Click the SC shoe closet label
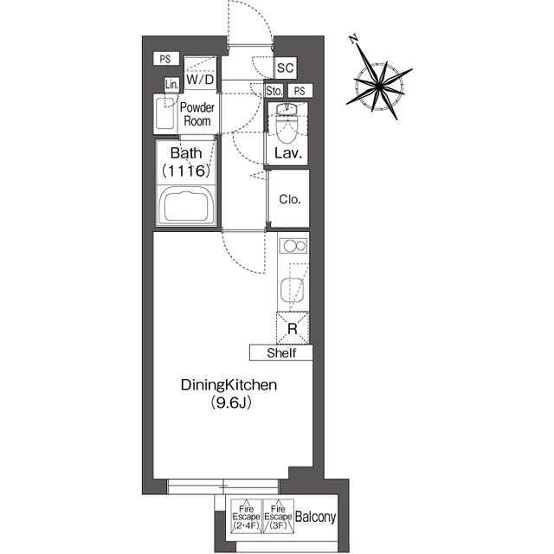(285, 68)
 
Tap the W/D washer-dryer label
(200, 80)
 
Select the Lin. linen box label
(172, 85)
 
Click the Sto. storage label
(274, 91)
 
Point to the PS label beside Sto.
(300, 91)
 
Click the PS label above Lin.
(165, 59)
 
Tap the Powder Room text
(197, 114)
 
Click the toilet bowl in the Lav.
(287, 126)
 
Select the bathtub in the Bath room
(186, 206)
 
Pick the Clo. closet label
(290, 199)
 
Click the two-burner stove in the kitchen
(293, 245)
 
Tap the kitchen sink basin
(293, 290)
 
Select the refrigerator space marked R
(293, 329)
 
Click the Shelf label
(281, 353)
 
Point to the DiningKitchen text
(229, 384)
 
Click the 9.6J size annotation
(231, 403)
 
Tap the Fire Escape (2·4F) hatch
(246, 516)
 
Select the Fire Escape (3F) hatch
(279, 516)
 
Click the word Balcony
(315, 518)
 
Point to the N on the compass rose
(354, 39)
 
